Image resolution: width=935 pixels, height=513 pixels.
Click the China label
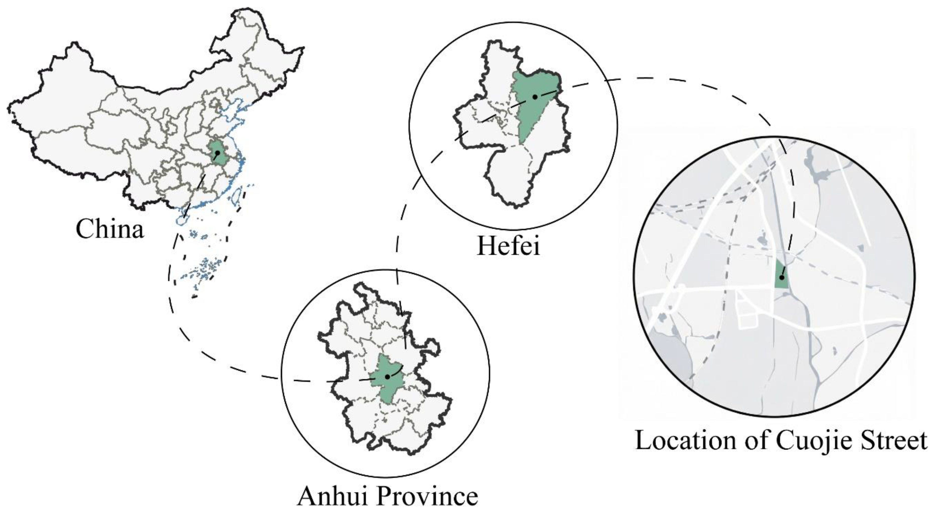110,229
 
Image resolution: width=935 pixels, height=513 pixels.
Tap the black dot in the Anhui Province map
388,377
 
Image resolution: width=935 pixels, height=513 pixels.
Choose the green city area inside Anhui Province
385,384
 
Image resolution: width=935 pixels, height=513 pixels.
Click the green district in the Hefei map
532,109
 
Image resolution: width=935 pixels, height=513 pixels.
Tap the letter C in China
84,229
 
